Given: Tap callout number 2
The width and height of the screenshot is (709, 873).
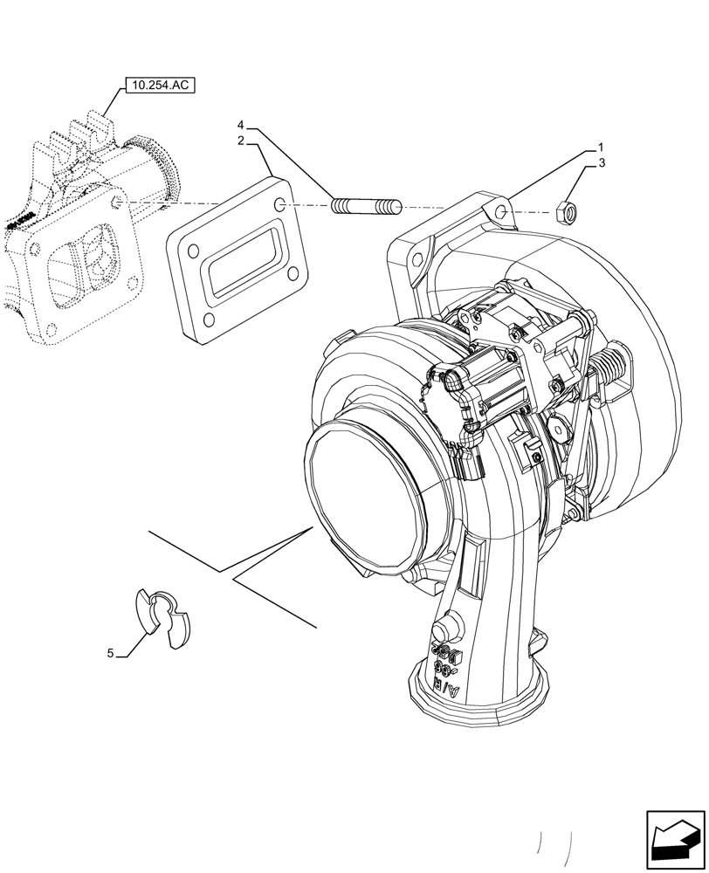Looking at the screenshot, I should click(239, 140).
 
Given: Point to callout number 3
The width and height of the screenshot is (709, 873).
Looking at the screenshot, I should click(601, 162).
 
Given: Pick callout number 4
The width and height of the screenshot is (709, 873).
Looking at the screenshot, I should click(239, 125).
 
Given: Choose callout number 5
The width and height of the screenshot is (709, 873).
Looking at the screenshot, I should click(111, 653).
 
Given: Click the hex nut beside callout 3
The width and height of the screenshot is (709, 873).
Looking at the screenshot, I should click(565, 210).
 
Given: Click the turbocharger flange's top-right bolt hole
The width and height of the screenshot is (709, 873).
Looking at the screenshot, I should click(499, 213).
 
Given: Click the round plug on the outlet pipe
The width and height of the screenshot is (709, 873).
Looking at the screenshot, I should click(445, 629).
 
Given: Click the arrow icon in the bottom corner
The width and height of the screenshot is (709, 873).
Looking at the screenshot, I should click(674, 839).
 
